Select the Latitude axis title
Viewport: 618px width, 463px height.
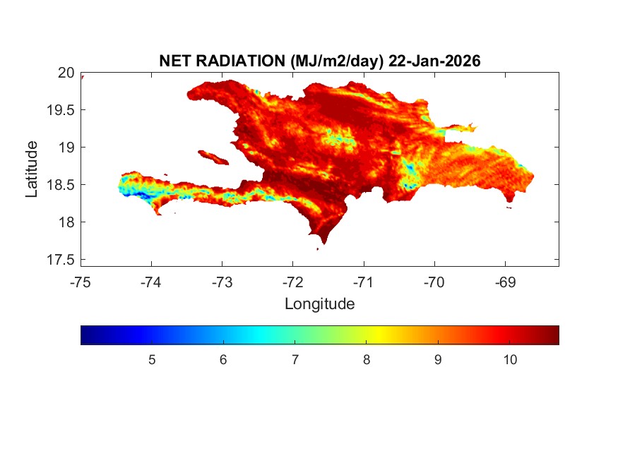[32, 169]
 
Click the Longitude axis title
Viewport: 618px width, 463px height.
[319, 304]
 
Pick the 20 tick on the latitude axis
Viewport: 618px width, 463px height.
[66, 72]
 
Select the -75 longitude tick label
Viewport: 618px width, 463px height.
[81, 282]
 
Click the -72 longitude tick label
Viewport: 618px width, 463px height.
[293, 282]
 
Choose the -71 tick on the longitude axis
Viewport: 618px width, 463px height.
[364, 282]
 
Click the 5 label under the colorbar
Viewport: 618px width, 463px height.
[152, 360]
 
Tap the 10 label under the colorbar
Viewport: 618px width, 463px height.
[510, 360]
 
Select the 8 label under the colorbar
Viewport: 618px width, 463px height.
[367, 360]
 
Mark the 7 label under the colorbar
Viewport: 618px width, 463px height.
[295, 360]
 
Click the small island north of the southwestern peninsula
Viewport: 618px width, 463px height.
[212, 156]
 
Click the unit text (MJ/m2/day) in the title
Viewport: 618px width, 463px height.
[335, 61]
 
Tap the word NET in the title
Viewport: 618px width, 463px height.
[176, 61]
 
